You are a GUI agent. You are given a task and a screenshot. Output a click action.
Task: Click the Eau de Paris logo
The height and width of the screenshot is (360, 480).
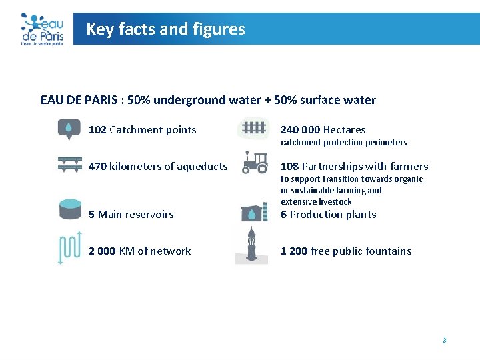coord(41,29)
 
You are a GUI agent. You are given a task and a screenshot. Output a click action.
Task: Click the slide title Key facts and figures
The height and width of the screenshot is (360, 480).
coord(165,29)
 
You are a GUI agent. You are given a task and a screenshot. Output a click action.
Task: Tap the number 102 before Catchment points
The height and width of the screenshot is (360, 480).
coord(97,130)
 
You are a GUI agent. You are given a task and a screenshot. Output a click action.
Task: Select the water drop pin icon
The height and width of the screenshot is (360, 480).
coord(69,129)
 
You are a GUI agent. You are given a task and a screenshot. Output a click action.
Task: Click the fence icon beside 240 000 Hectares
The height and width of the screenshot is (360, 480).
coord(253,128)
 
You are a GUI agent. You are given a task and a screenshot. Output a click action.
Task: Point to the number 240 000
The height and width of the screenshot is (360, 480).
coord(300,130)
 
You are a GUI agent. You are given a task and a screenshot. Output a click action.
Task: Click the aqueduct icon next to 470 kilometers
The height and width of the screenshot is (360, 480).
coord(69,165)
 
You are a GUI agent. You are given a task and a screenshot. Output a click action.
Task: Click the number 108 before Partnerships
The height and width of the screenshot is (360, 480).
coord(289,167)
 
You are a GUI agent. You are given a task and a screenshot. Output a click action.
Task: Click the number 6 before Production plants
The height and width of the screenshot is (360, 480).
coord(283,215)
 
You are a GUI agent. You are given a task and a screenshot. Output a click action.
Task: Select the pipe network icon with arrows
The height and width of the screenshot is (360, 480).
coord(69,247)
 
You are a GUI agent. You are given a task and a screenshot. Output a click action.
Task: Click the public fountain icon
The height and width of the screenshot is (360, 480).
coord(251,245)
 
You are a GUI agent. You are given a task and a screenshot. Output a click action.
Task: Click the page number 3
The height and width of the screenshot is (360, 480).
coord(444,341)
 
